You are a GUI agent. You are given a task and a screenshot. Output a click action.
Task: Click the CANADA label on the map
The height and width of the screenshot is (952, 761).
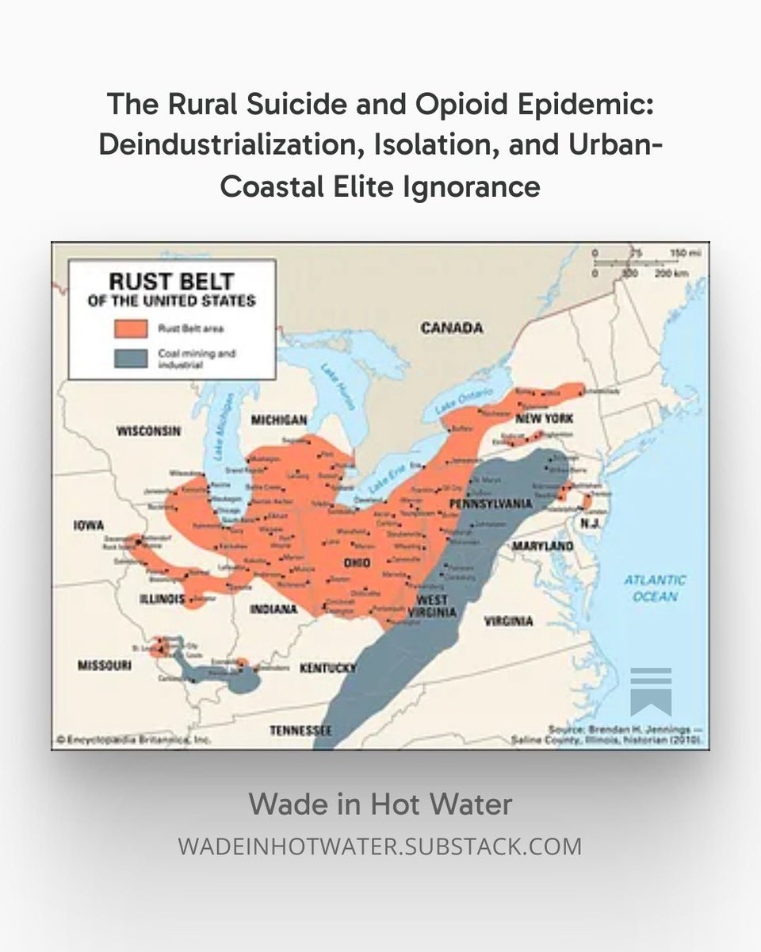(451, 328)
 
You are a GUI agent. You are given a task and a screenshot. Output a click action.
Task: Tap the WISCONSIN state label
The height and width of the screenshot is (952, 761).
(149, 432)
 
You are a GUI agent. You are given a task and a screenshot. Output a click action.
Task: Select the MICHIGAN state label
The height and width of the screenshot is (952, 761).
(279, 419)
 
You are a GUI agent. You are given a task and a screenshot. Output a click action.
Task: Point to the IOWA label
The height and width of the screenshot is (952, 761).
(89, 524)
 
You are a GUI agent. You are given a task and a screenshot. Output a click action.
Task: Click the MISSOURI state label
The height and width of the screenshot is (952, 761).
(104, 666)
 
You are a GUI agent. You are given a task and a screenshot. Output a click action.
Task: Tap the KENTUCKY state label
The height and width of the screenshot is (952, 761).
(327, 669)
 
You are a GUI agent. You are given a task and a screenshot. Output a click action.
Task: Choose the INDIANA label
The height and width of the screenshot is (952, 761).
(273, 609)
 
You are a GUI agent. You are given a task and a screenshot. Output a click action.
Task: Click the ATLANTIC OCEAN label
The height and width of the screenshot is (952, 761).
(656, 588)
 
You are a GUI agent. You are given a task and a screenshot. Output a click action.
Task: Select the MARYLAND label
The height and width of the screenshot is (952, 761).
(542, 547)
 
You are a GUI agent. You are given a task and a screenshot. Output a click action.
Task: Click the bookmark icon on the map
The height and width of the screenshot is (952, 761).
(651, 691)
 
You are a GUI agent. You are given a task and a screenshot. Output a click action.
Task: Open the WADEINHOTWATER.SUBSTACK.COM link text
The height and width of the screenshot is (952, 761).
(380, 846)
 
